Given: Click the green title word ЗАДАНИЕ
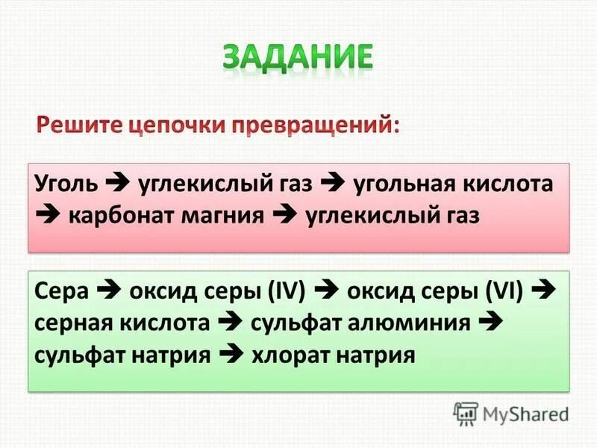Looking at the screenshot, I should tap(297, 57).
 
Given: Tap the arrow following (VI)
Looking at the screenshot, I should tap(545, 291).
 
